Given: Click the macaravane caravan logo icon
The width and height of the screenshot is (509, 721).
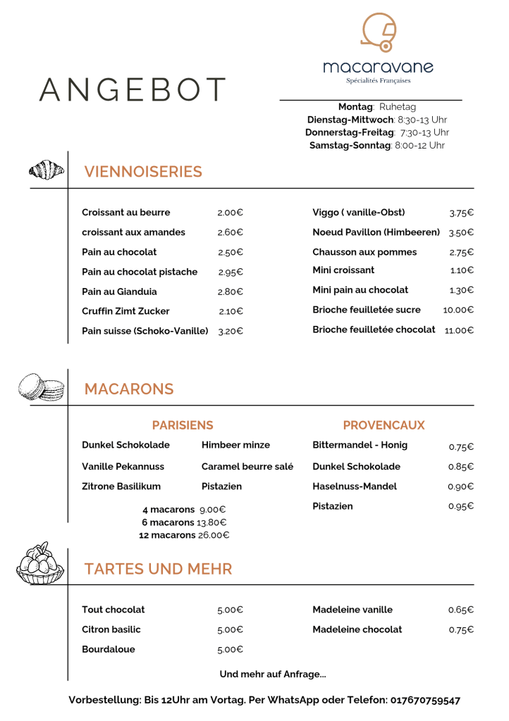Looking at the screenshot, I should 377,32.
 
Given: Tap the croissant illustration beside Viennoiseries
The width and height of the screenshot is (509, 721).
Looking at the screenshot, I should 47,170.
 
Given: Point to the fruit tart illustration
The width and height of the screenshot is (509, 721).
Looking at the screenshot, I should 40,564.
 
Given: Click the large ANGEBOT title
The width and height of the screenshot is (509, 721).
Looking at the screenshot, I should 133,89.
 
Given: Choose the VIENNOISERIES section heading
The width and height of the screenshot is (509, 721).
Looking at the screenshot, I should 143,172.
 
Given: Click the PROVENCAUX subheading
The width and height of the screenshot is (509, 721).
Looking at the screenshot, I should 384,425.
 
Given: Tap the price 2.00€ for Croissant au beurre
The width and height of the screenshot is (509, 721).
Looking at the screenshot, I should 230,213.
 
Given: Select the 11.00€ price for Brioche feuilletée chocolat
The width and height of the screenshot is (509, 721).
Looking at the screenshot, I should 459,330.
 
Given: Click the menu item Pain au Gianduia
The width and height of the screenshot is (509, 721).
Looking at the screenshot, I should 119,291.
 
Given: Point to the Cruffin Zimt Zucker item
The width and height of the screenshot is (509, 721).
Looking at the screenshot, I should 125,311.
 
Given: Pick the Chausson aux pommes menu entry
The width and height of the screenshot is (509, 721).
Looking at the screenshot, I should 364,252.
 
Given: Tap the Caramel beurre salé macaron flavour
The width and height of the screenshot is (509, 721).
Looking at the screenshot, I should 247,466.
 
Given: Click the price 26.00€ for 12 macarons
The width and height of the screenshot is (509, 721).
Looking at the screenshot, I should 214,535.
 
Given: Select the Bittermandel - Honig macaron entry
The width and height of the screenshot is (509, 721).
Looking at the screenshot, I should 360,445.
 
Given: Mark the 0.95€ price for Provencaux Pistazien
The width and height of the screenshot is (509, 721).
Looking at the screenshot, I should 461,506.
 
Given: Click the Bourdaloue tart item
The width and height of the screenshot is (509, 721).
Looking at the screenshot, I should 109,649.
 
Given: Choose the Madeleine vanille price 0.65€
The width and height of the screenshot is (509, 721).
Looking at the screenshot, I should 461,610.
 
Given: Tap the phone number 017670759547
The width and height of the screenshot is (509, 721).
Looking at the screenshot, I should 425,700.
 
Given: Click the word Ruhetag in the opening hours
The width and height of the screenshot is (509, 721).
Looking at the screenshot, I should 398,107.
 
